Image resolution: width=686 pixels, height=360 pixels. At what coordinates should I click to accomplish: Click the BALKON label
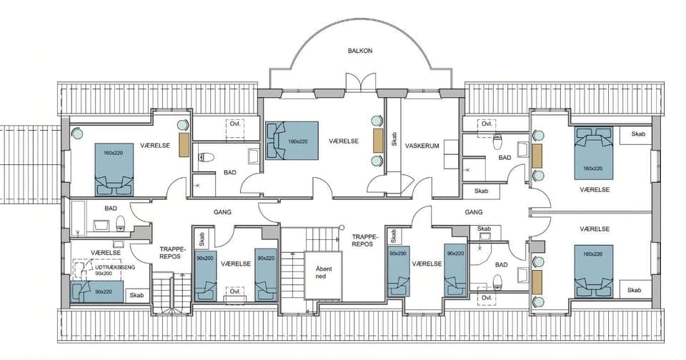coord(360,51)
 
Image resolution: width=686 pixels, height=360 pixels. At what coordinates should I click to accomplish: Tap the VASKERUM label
coord(420,144)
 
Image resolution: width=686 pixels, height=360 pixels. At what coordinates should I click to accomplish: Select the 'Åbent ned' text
coord(320,272)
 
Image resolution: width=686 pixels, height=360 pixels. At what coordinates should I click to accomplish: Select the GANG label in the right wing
coord(474,212)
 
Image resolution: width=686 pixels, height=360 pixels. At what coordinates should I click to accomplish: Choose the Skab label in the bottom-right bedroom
coord(635,289)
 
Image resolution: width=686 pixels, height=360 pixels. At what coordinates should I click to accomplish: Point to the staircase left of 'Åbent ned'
coord(292,275)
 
